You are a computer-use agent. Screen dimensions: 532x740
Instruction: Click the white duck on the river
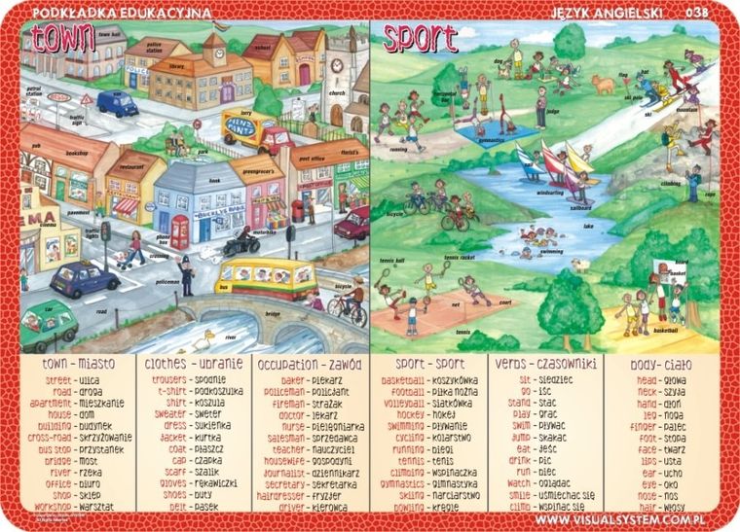click(x=203, y=340)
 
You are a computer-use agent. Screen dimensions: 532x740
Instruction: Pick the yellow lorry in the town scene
click(x=250, y=128)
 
